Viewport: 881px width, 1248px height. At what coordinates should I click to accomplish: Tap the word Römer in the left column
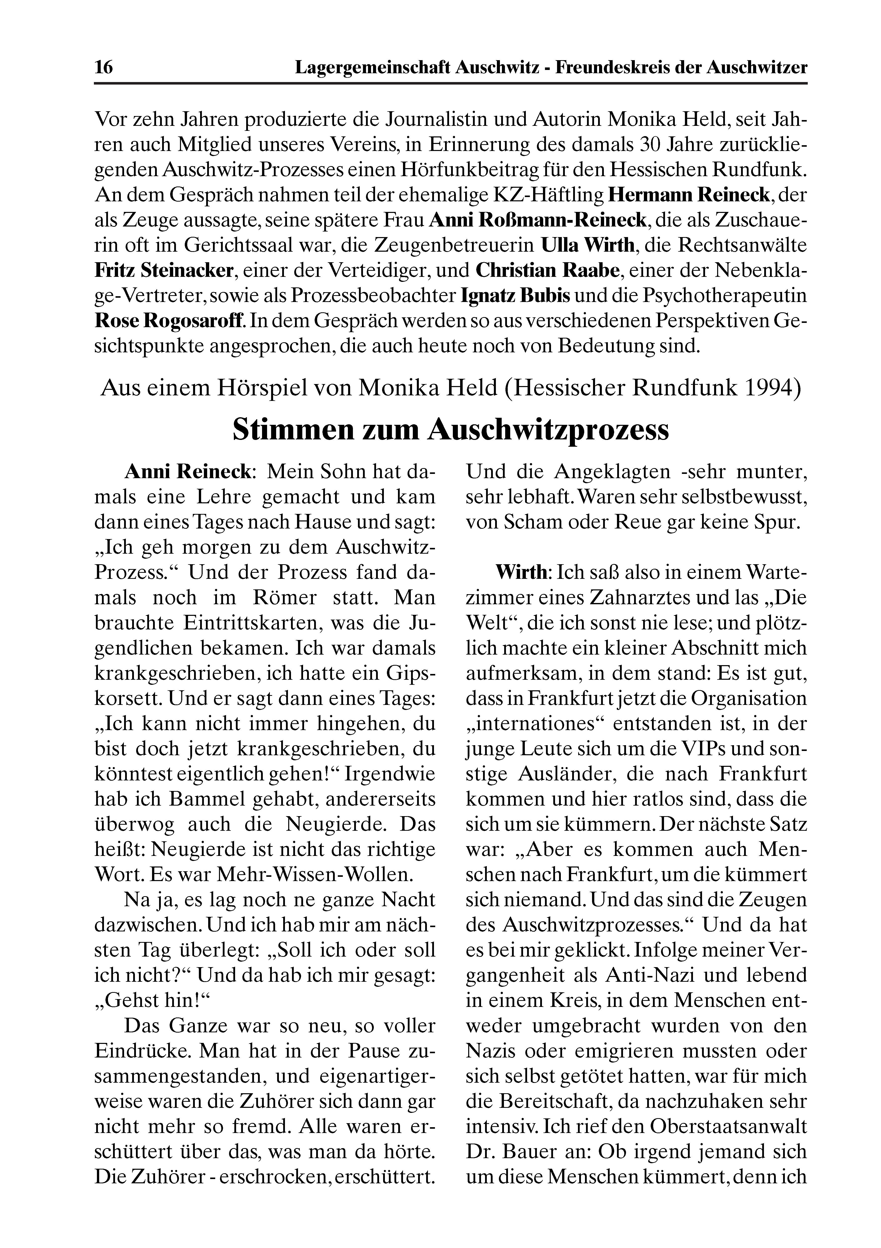[x=285, y=597]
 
